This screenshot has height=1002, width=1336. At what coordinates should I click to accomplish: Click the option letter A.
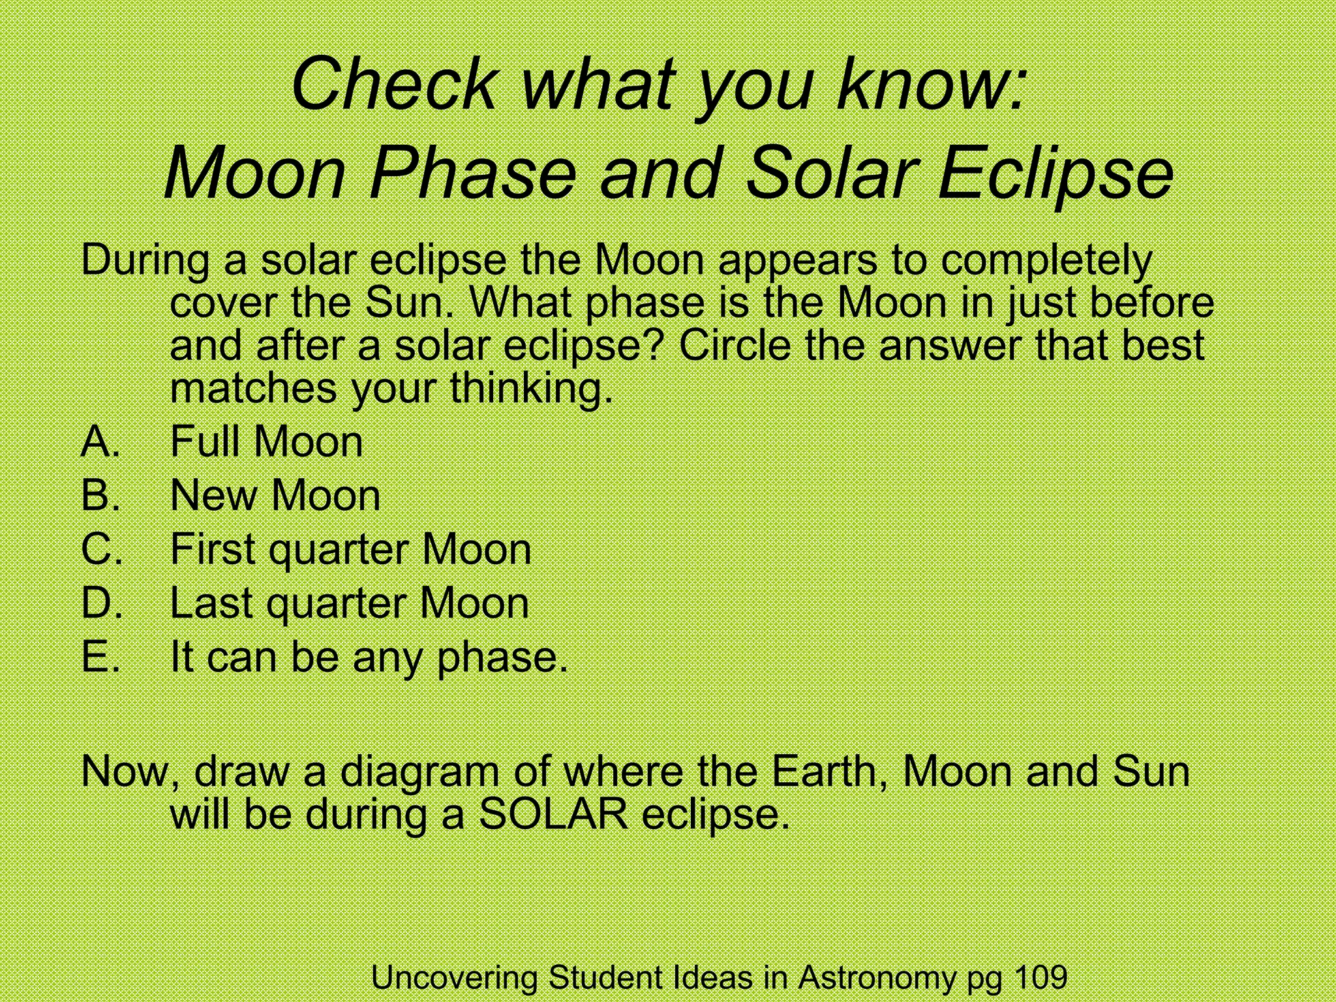tap(100, 442)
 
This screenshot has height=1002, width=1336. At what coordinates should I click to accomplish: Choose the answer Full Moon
tap(266, 442)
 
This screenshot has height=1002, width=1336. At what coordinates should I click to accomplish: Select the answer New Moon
tap(275, 495)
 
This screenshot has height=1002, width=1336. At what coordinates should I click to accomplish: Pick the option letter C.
tap(102, 549)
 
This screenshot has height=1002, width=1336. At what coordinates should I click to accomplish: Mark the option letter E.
tap(100, 656)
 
